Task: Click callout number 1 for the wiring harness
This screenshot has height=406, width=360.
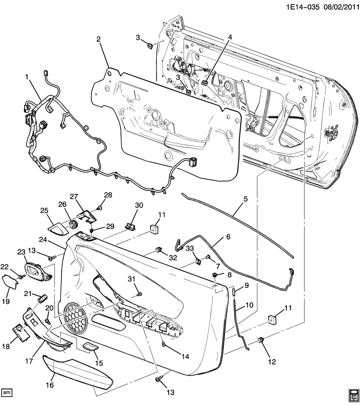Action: tap(27, 77)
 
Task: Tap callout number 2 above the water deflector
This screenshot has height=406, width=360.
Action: tap(98, 39)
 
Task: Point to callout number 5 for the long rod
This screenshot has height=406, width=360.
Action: tap(245, 198)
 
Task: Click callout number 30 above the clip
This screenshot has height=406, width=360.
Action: tap(139, 206)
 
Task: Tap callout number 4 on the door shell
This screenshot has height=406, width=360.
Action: tap(230, 37)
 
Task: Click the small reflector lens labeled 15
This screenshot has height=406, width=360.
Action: tap(89, 348)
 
